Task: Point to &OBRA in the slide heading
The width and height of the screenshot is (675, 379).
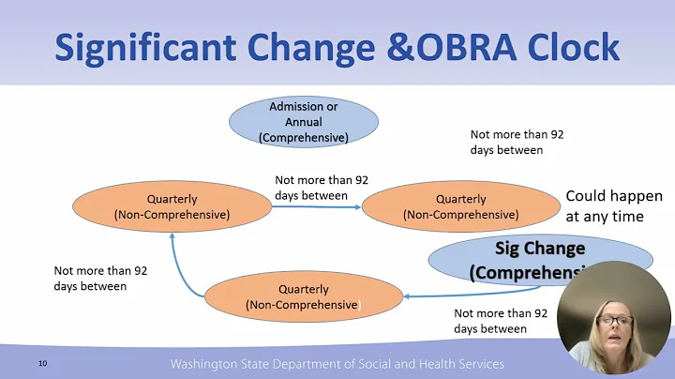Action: [437, 47]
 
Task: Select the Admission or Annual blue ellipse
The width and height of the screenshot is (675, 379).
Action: [303, 122]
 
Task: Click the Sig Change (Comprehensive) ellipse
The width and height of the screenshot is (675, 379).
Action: [525, 260]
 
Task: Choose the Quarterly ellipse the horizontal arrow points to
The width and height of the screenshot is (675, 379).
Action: [460, 206]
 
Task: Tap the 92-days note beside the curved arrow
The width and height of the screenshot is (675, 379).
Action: [100, 278]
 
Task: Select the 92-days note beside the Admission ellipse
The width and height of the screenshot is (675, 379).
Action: [517, 142]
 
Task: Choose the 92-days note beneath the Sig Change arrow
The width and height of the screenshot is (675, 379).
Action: [501, 322]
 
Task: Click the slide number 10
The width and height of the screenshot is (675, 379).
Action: [43, 363]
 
